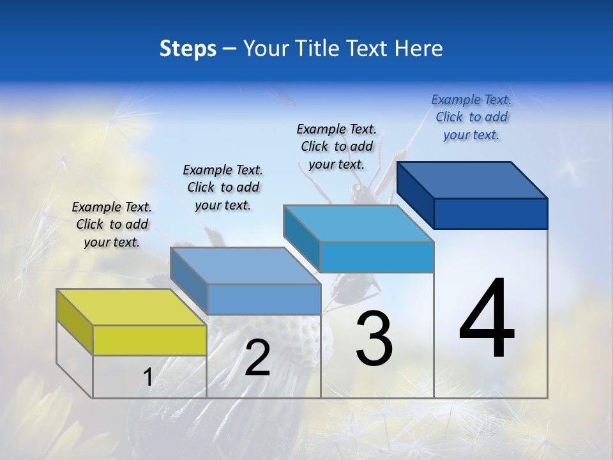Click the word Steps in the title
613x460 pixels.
coord(188,49)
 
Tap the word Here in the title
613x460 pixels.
coord(419,49)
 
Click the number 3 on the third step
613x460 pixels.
coord(374,339)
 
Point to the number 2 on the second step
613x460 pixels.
coord(257,358)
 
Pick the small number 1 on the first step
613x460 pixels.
coord(148,378)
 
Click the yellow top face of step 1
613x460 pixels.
coord(131,307)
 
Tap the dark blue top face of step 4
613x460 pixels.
coord(473,180)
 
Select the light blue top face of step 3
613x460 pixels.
coord(359,224)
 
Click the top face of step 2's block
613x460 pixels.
coord(246,266)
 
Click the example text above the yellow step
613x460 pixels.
coord(112,225)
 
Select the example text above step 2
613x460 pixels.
coord(223,187)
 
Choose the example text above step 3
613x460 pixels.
coord(337,146)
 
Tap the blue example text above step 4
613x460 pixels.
coord(471,117)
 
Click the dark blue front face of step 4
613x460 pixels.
coord(490,213)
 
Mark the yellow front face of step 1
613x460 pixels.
coord(149,340)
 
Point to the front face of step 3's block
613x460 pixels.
coord(377,257)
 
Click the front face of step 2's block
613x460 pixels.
coord(264,299)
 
